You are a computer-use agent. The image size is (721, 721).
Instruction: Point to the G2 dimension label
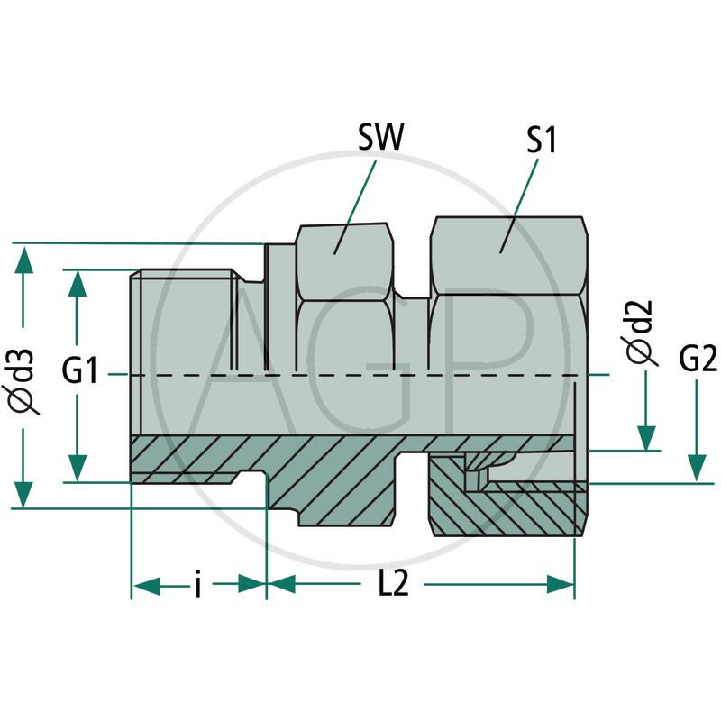point(698,360)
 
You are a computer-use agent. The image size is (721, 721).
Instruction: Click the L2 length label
point(393,585)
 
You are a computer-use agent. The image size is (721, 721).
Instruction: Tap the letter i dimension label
point(197,586)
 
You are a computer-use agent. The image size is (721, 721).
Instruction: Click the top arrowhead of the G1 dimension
point(78,285)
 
